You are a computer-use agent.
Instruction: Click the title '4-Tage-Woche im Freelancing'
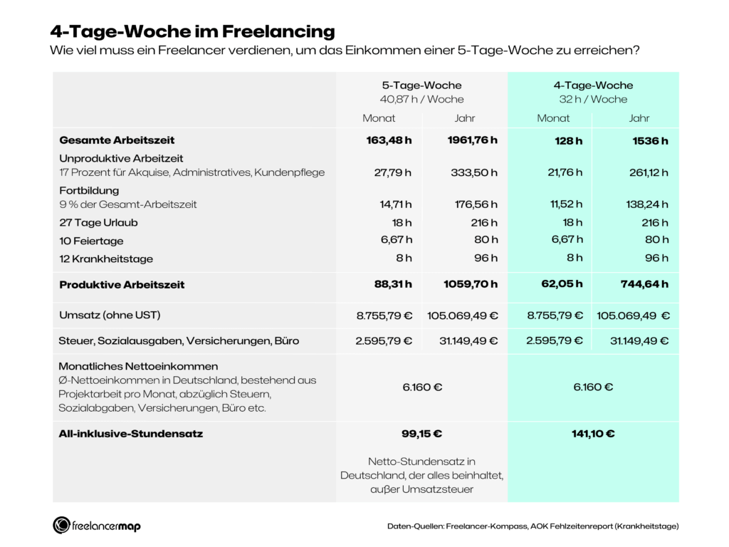pos(192,31)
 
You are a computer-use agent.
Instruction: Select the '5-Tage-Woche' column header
pos(421,85)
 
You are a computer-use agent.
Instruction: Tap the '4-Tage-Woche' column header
pos(593,85)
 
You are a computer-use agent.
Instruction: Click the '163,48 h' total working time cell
pos(389,140)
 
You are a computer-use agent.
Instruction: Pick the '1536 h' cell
pos(650,140)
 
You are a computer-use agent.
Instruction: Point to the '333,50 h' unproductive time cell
pos(474,172)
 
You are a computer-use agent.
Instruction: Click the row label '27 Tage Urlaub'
pos(98,222)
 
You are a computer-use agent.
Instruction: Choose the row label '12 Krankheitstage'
pos(106,259)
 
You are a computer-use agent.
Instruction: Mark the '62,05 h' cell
pos(563,284)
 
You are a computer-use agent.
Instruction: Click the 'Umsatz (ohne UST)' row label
pos(105,315)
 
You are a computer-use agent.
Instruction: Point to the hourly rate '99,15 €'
pos(421,433)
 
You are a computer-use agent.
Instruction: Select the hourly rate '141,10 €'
pos(593,433)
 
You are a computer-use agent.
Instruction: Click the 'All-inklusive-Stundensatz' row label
pos(131,433)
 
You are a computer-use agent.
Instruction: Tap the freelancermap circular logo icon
pos(61,526)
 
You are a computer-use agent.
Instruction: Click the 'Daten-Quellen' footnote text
pos(533,526)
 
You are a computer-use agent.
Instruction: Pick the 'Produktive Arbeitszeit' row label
pos(122,284)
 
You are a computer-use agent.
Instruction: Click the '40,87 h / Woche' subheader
pos(421,99)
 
